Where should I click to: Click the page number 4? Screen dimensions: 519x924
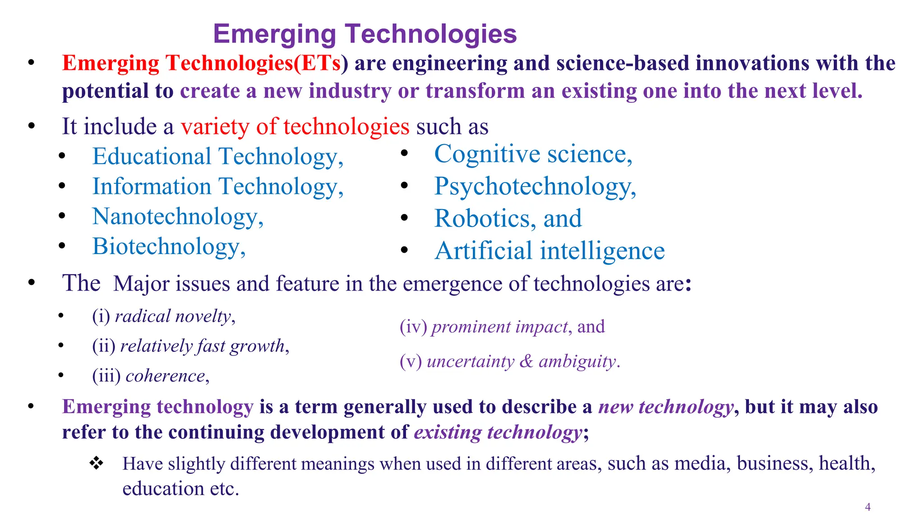point(868,507)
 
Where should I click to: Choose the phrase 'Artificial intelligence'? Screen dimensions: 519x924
point(549,251)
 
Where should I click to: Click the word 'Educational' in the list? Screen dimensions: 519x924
point(152,157)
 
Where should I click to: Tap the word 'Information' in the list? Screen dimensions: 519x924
point(152,187)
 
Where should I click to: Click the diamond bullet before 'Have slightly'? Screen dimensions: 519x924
point(96,463)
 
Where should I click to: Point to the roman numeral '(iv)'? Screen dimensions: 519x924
point(413,327)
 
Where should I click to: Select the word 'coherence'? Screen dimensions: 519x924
point(165,376)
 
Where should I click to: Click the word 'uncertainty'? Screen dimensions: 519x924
point(470,361)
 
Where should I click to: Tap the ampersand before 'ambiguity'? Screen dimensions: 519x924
point(526,361)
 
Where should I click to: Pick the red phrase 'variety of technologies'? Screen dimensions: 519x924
point(295,127)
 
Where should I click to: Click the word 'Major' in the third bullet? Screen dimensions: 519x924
point(141,284)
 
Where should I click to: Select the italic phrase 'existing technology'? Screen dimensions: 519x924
point(498,432)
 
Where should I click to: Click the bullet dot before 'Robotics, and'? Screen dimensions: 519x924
point(404,219)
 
